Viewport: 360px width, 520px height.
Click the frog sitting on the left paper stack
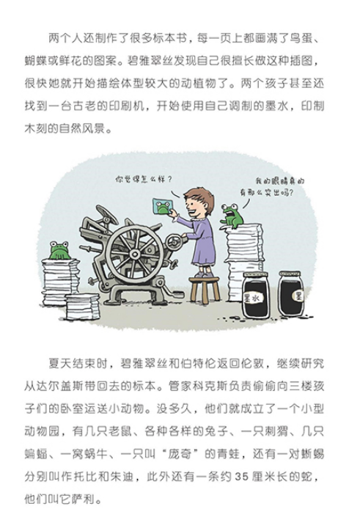tap(59, 250)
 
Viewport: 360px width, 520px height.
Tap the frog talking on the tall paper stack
tap(232, 216)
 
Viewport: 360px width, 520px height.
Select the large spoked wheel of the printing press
tap(134, 254)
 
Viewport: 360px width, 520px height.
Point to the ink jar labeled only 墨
tap(291, 294)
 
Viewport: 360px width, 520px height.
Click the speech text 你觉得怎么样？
tap(144, 180)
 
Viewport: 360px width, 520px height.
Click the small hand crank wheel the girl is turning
tap(174, 242)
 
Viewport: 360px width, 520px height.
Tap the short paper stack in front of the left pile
tap(83, 307)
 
